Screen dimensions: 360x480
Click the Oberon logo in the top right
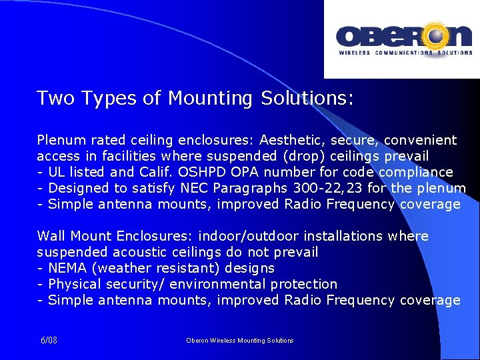click(x=404, y=39)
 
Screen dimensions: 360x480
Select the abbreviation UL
click(x=57, y=172)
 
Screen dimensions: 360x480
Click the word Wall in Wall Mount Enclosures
click(x=51, y=236)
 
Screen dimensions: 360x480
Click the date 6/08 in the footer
click(x=49, y=340)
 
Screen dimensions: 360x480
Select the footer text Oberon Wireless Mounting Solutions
click(x=239, y=340)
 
